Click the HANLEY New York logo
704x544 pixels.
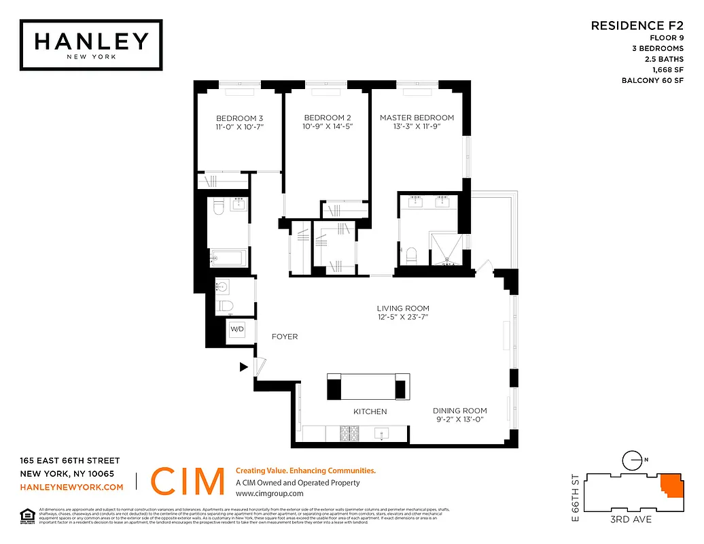[91, 44]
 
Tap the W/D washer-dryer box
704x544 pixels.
[237, 330]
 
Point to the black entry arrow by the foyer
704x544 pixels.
[243, 367]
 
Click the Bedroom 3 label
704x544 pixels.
[240, 118]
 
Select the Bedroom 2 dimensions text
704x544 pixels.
[328, 126]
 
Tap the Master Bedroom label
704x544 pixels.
[417, 118]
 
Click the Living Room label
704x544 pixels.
[404, 308]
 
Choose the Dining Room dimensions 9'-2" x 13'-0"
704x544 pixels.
[460, 420]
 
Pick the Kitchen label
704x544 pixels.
[370, 411]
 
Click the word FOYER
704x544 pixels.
[285, 337]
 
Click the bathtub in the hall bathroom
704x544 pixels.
[230, 257]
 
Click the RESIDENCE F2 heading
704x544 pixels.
[637, 26]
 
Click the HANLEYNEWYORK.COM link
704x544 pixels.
[72, 487]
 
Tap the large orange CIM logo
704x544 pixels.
[187, 482]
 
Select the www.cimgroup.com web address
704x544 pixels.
[269, 494]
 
